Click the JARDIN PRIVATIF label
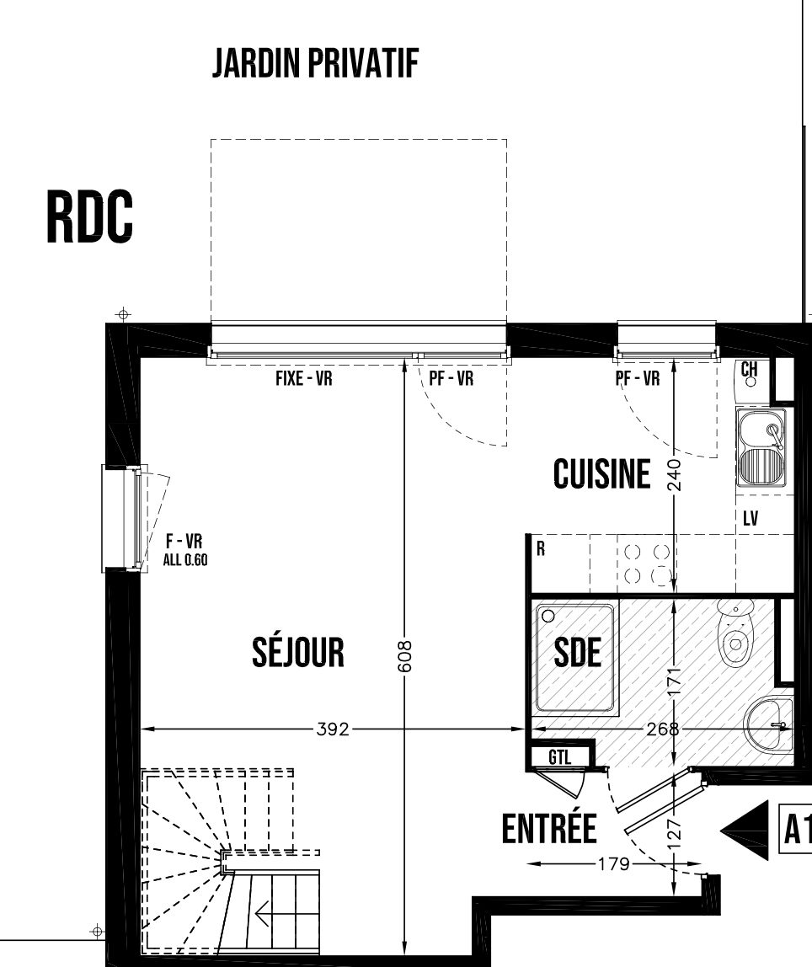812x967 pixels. [x=315, y=63]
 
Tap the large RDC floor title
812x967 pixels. [x=90, y=217]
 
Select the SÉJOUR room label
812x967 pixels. [x=298, y=652]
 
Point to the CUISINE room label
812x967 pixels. [x=601, y=474]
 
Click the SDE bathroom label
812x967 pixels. [x=578, y=653]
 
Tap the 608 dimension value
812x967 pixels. [x=404, y=655]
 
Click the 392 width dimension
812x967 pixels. [x=333, y=729]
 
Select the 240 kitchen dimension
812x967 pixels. [x=676, y=474]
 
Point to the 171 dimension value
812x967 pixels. [x=675, y=681]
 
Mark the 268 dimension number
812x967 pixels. [x=662, y=729]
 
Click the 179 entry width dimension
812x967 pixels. [x=614, y=864]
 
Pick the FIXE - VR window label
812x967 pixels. [x=304, y=378]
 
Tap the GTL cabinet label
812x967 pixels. [x=560, y=756]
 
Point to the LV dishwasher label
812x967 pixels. [x=751, y=519]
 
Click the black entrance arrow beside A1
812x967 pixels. [x=745, y=830]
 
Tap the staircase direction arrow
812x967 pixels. [x=263, y=913]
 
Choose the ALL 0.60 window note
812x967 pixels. [x=185, y=560]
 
